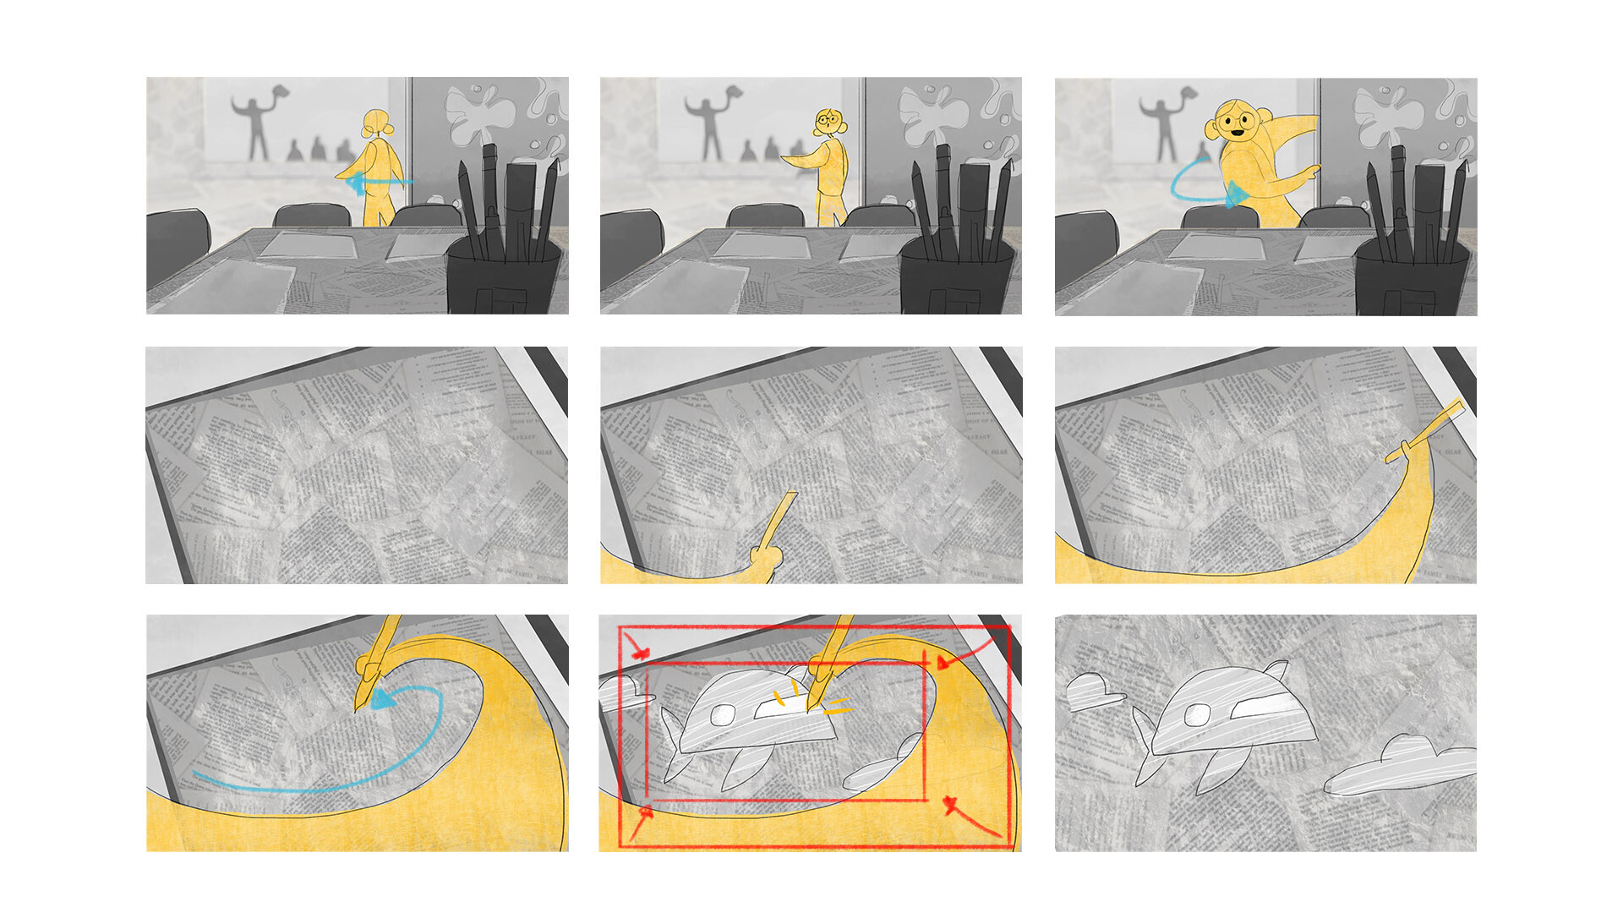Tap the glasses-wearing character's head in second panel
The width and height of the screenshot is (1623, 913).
coord(828,123)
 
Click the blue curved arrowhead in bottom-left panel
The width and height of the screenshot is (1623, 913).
coord(383,699)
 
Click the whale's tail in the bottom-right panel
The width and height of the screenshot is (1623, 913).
coord(1146,744)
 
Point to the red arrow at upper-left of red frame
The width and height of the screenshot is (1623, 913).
coord(640,652)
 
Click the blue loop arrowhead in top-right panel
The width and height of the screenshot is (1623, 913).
coord(1236,194)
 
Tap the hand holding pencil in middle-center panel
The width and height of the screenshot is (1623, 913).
coord(765,560)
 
